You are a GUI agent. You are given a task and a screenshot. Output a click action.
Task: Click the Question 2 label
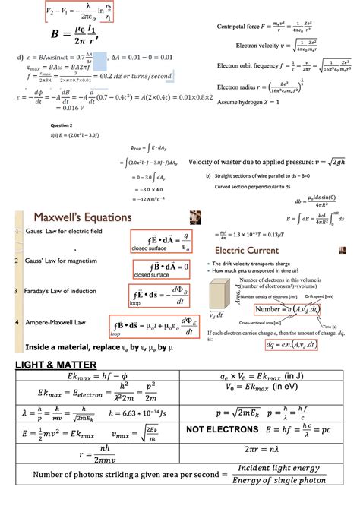pos(61,124)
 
